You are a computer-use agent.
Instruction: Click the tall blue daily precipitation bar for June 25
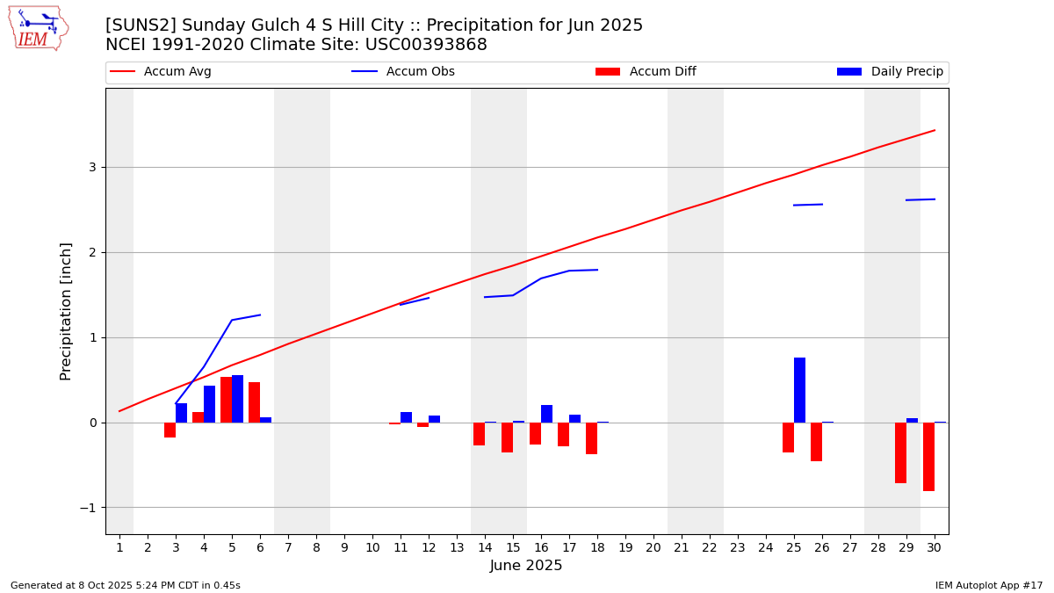799,390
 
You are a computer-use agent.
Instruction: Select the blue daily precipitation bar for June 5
237,399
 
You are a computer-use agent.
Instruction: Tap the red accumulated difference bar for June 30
928,457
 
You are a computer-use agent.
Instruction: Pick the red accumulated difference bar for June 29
900,452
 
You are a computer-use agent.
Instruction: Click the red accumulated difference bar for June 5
226,400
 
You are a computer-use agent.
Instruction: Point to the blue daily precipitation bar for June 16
546,414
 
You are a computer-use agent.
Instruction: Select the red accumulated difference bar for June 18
591,438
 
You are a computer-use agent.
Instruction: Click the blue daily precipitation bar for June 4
209,404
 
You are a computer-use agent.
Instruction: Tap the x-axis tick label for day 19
625,547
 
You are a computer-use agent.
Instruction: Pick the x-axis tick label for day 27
850,547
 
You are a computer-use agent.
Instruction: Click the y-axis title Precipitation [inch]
66,311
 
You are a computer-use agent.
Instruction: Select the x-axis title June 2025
526,566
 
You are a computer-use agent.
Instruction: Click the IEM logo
38,28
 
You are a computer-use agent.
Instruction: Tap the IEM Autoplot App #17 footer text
988,585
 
